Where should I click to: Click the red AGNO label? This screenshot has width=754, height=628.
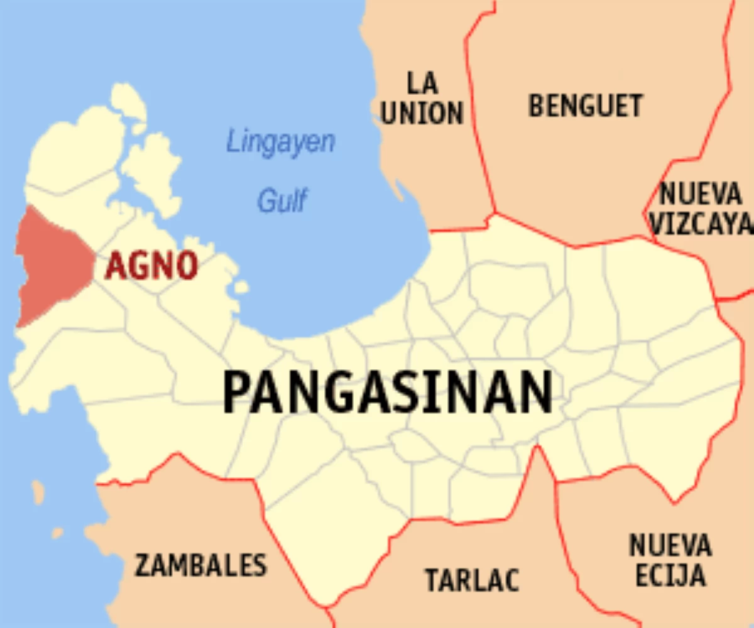coord(151,266)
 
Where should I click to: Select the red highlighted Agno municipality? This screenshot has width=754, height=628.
coord(53,264)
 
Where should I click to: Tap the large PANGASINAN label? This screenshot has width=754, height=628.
coord(388,392)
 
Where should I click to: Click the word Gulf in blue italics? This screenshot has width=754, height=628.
coord(282,201)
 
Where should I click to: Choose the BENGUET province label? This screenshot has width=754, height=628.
coord(586,106)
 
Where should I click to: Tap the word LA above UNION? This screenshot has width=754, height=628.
coord(422,83)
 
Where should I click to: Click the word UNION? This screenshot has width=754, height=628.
coord(422,113)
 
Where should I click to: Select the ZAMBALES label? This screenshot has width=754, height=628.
coord(200,565)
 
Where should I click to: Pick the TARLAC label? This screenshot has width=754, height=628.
coord(473,579)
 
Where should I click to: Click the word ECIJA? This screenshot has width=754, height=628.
coord(670,576)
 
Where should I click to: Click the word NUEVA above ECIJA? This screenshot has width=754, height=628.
coord(670,545)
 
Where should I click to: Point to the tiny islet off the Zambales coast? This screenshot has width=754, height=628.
coord(38,492)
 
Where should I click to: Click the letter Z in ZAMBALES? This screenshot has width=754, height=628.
coord(144,565)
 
